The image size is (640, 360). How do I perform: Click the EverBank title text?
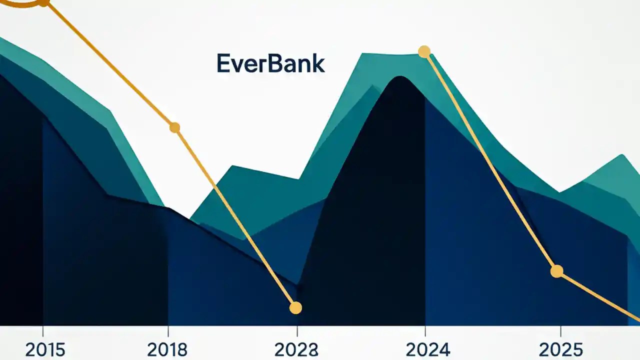(270, 64)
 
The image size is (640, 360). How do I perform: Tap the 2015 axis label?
(45, 349)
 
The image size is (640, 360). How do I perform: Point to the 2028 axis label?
(296, 349)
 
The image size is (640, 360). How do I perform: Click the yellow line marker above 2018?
(174, 127)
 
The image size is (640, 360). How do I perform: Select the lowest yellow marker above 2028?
(296, 308)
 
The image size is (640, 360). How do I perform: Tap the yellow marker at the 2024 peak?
(424, 51)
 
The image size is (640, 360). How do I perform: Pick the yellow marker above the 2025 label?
(556, 271)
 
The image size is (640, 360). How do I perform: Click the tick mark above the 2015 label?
(43, 331)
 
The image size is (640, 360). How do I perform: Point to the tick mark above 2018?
(168, 331)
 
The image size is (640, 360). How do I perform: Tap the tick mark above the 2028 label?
(297, 331)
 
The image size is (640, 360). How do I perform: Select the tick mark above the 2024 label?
(425, 331)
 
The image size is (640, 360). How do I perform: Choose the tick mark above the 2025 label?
(560, 331)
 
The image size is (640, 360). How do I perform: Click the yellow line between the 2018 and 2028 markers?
(235, 217)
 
